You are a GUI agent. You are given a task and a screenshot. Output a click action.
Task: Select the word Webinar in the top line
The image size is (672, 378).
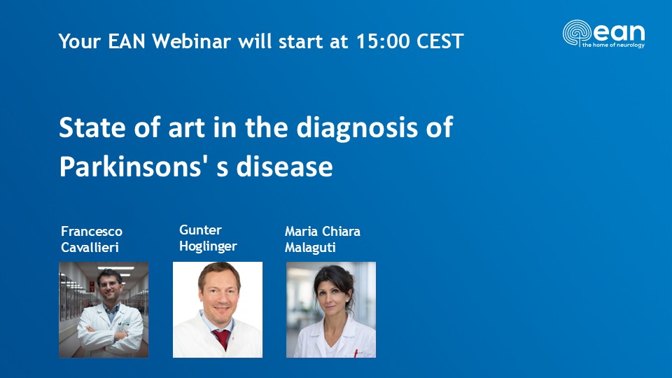(192, 41)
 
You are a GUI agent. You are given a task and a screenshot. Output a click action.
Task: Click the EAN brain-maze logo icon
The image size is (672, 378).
(577, 33)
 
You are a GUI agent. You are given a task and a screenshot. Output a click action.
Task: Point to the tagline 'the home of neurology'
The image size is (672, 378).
(613, 45)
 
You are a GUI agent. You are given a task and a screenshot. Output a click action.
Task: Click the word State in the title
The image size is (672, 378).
(93, 127)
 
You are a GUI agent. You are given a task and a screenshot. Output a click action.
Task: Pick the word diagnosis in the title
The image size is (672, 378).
(357, 128)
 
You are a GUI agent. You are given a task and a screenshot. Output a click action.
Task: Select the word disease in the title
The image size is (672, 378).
(284, 167)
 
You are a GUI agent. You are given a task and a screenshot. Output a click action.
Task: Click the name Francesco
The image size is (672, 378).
(92, 232)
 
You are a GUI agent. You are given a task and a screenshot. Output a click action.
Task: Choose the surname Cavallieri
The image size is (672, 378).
(90, 247)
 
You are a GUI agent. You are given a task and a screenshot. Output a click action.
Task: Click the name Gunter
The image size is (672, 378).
(200, 230)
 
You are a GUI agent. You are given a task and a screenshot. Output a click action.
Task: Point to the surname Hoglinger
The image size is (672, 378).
(208, 246)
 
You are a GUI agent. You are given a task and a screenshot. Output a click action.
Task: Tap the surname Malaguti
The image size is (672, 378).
(310, 248)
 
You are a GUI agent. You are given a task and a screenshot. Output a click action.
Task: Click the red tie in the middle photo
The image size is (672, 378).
(222, 338)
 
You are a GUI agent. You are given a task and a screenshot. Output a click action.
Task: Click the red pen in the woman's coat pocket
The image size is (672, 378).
(356, 353)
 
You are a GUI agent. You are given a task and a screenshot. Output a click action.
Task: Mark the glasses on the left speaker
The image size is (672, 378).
(109, 284)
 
